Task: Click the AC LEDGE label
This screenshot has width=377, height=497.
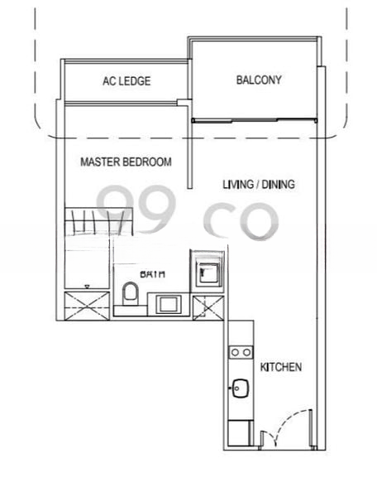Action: point(126,81)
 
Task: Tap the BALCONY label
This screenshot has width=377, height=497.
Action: point(259,80)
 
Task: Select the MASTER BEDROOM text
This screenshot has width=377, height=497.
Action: point(126,162)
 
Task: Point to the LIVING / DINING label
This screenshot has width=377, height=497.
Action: point(259,184)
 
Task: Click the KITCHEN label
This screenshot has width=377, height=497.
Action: point(281,367)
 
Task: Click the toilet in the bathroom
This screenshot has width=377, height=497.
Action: point(130,294)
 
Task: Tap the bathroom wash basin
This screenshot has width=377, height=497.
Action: point(172,303)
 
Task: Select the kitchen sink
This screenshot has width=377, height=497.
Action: point(241,388)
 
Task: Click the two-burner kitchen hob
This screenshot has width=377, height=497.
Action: point(241,352)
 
